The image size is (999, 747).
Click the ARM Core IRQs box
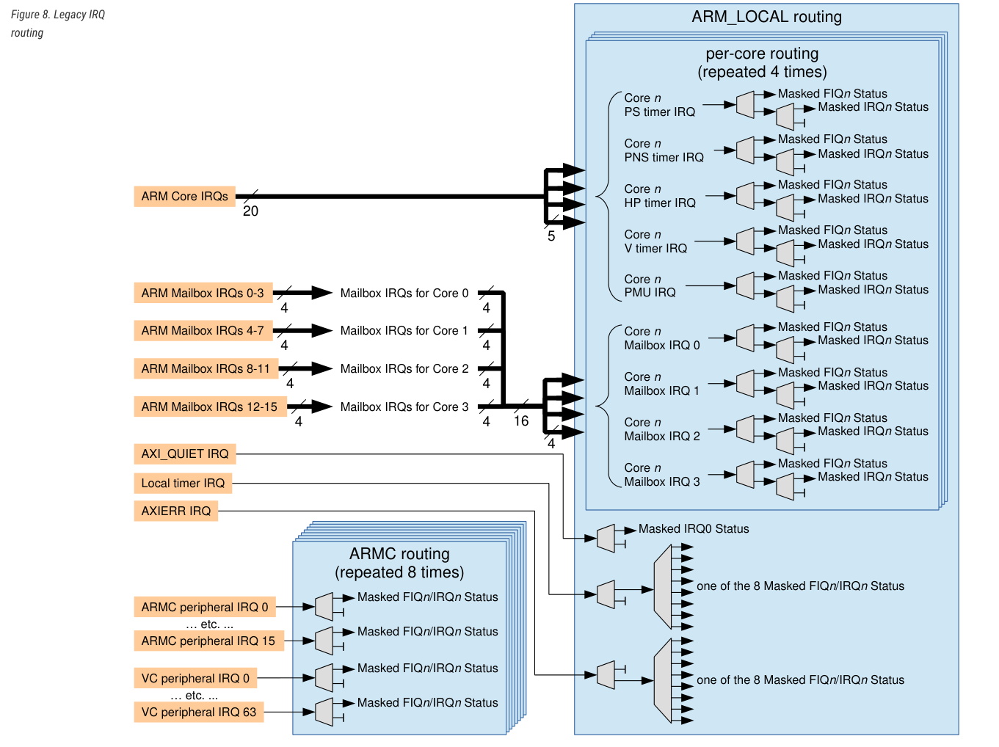(184, 197)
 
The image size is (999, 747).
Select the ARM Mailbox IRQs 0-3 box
(203, 293)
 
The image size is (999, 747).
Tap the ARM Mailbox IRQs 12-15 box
(209, 407)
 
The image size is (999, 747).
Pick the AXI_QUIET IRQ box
(185, 453)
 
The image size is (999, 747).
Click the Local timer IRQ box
(183, 483)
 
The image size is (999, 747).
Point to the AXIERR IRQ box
(176, 511)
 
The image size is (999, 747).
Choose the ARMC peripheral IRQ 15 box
(208, 641)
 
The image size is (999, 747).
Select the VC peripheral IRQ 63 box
(199, 712)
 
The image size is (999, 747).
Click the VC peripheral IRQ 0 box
(195, 678)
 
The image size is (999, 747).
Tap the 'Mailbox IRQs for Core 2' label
(404, 368)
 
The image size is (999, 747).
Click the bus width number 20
(250, 211)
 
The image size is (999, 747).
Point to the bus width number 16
(521, 421)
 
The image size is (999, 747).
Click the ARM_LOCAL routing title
(766, 17)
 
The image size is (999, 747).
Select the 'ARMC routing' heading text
(399, 554)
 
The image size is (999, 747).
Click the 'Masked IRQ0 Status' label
(694, 529)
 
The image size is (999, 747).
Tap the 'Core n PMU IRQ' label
(650, 286)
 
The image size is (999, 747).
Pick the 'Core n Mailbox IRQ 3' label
(661, 475)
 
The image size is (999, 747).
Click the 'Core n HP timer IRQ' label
(659, 196)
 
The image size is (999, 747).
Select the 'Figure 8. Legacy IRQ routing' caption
(57, 23)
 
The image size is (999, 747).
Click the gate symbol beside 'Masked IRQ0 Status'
(606, 538)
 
